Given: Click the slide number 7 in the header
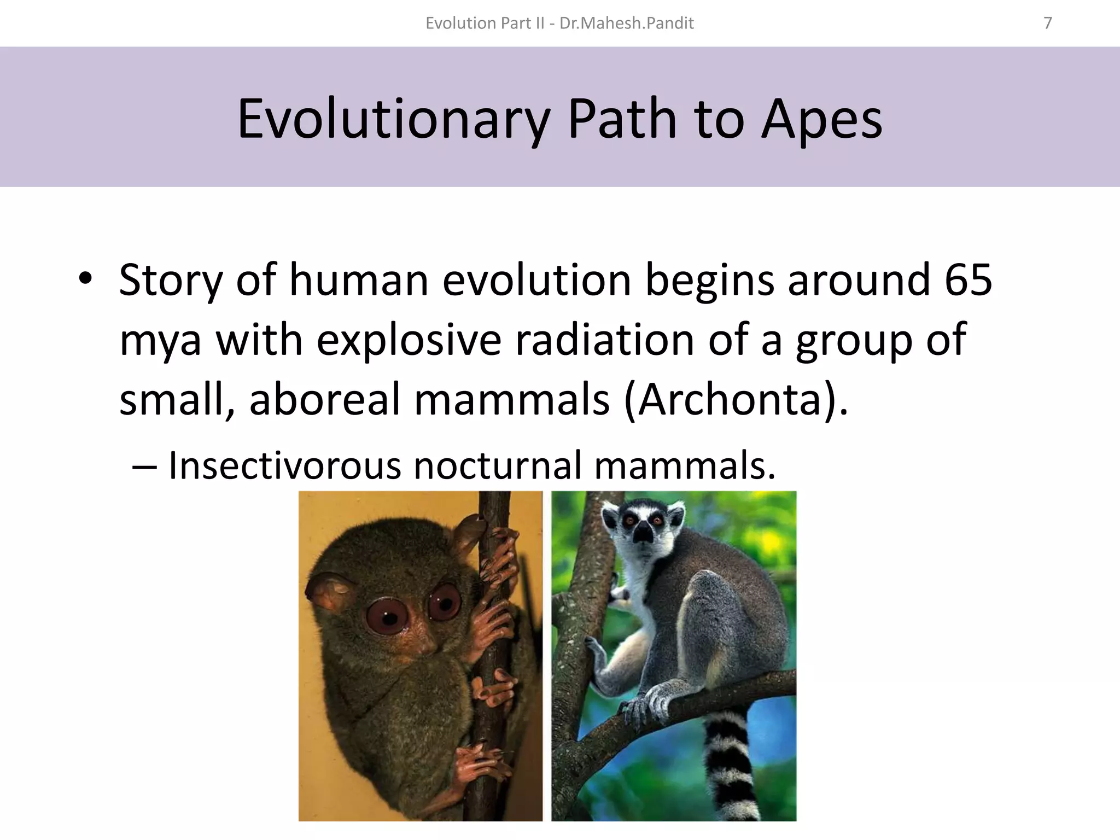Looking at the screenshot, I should click(1047, 23).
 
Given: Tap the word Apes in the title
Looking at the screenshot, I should click(821, 118).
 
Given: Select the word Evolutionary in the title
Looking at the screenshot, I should click(393, 118).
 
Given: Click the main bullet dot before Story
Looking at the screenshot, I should click(85, 279).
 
